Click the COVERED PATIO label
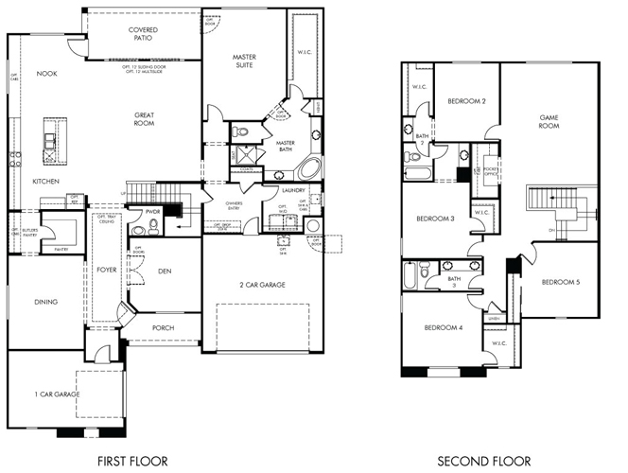[143, 35]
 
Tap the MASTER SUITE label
[244, 62]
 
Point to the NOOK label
[46, 73]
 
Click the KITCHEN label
[46, 180]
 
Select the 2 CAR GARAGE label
[261, 284]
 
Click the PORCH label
[165, 328]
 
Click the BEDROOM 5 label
[561, 283]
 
